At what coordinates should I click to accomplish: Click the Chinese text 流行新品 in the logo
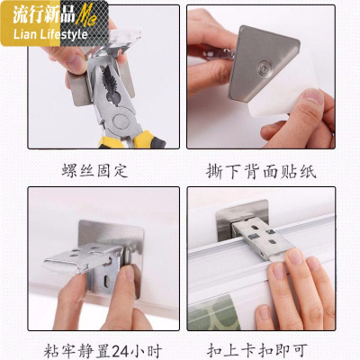tap(40, 15)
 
